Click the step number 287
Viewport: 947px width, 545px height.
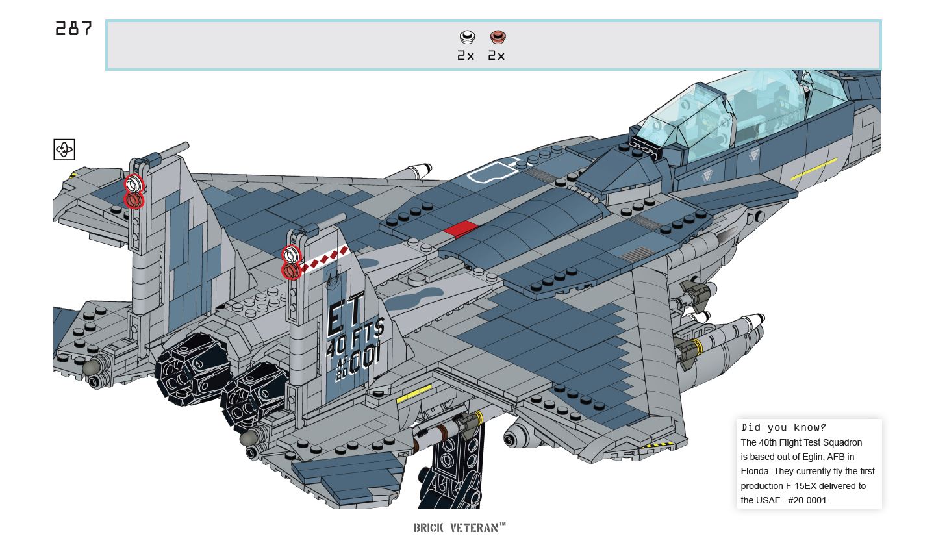pos(73,29)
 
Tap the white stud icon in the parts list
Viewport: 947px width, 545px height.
pos(466,37)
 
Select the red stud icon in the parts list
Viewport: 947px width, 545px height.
pos(498,37)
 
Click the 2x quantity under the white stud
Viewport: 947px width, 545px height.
pos(466,56)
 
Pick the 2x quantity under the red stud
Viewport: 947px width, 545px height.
pos(497,56)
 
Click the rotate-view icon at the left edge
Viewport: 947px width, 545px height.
pos(64,149)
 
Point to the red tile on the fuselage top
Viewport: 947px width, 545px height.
pos(461,229)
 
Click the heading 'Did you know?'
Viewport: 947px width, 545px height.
pos(783,427)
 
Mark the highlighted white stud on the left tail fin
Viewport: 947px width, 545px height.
pos(134,183)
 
